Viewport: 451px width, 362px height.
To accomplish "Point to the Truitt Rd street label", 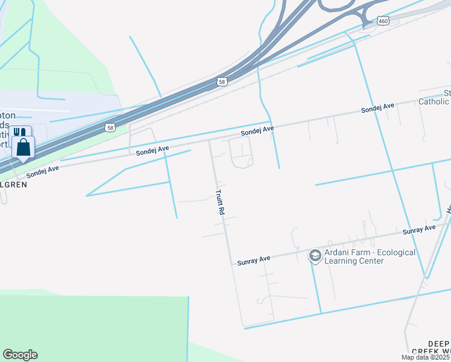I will point(220,203).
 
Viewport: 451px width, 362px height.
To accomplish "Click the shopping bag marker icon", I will point(23,147).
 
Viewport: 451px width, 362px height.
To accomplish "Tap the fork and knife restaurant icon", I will point(19,132).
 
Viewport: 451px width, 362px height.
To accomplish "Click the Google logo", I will point(20,355).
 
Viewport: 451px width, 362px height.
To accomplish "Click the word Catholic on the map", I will point(434,102).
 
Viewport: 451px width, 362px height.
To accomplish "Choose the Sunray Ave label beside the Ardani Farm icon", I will point(253,259).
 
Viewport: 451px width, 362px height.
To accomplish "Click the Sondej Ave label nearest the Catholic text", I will point(377,108).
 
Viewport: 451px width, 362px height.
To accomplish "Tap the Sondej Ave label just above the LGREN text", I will point(42,171).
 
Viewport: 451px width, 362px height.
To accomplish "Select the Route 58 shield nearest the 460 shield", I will point(222,81).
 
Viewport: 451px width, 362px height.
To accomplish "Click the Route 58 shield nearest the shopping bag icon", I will point(109,127).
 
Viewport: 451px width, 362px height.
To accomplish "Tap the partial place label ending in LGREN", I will point(13,185).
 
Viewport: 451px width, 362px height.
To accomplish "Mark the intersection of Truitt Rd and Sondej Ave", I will point(209,141).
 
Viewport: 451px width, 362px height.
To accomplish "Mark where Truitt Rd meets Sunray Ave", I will point(231,264).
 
